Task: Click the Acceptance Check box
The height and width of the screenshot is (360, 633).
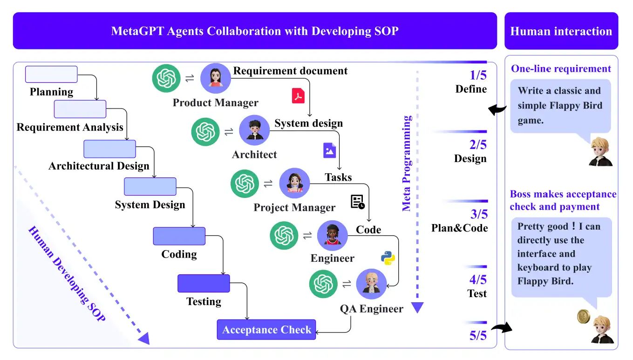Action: point(266,330)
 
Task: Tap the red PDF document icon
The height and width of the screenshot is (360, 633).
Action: point(298,95)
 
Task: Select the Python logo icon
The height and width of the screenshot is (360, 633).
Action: point(388,258)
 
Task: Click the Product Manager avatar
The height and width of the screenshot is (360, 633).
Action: point(216,78)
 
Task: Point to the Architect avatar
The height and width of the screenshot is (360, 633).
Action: point(254,130)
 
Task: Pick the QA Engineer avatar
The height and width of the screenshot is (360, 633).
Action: point(371,284)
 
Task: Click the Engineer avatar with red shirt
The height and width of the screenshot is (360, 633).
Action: point(333,236)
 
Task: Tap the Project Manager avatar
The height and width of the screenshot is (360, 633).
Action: point(294,183)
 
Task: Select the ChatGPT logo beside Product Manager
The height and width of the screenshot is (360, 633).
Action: point(166,78)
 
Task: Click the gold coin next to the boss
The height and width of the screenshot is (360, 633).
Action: point(584,317)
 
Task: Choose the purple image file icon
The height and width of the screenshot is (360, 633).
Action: point(330,150)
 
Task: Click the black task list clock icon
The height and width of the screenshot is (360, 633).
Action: point(358,202)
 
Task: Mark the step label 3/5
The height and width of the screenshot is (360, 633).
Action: point(479,214)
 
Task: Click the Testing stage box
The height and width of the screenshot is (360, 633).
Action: point(204,283)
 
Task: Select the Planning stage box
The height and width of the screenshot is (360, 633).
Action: point(51,74)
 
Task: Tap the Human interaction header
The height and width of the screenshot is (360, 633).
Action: point(561,31)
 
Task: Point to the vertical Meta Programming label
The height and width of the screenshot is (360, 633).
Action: point(407,163)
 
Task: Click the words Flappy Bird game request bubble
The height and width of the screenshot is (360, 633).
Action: point(560,106)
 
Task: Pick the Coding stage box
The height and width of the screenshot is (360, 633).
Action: point(179,236)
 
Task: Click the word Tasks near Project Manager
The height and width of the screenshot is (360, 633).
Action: point(338,177)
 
